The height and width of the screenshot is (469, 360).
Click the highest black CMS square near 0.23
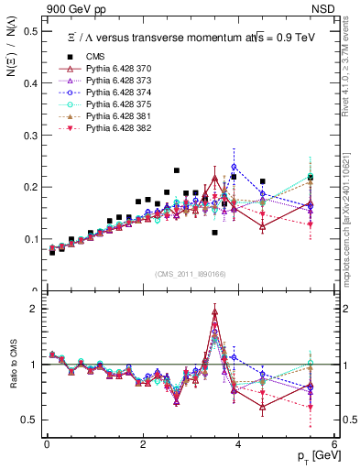point(177,170)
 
